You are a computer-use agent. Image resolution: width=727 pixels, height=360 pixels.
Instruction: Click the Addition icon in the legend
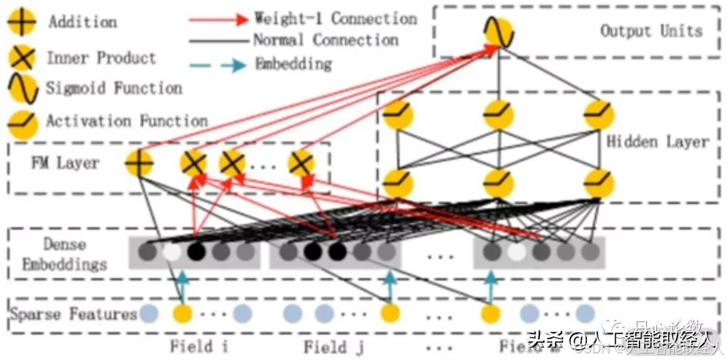22,22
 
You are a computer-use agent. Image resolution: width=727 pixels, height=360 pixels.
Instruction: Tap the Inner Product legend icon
22,58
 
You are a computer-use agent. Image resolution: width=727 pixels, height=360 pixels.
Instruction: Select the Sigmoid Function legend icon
22,88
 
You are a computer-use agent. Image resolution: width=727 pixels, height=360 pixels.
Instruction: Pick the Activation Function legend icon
22,121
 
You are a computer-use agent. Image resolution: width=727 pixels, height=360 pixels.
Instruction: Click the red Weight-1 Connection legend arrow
219,18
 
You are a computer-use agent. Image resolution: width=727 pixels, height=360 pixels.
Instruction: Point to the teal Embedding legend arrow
219,65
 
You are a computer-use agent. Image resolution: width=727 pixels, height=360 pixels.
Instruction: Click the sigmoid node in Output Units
498,32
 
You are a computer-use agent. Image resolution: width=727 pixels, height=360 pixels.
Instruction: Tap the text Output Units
651,31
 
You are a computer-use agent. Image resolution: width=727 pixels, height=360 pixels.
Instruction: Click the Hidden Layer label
658,142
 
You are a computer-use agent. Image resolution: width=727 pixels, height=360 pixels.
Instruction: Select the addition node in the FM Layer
139,164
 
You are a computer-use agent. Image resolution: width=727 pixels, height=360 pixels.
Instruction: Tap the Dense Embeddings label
65,254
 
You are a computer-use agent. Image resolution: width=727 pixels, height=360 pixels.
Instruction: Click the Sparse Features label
73,314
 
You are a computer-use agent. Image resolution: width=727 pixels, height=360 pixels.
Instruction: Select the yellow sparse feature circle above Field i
182,314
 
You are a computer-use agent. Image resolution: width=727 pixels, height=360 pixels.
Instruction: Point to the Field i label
199,347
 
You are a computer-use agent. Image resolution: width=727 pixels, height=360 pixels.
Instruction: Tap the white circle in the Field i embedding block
172,252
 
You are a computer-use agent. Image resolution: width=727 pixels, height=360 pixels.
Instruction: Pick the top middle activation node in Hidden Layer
498,116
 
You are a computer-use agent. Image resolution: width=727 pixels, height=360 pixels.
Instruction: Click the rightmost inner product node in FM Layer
301,164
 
